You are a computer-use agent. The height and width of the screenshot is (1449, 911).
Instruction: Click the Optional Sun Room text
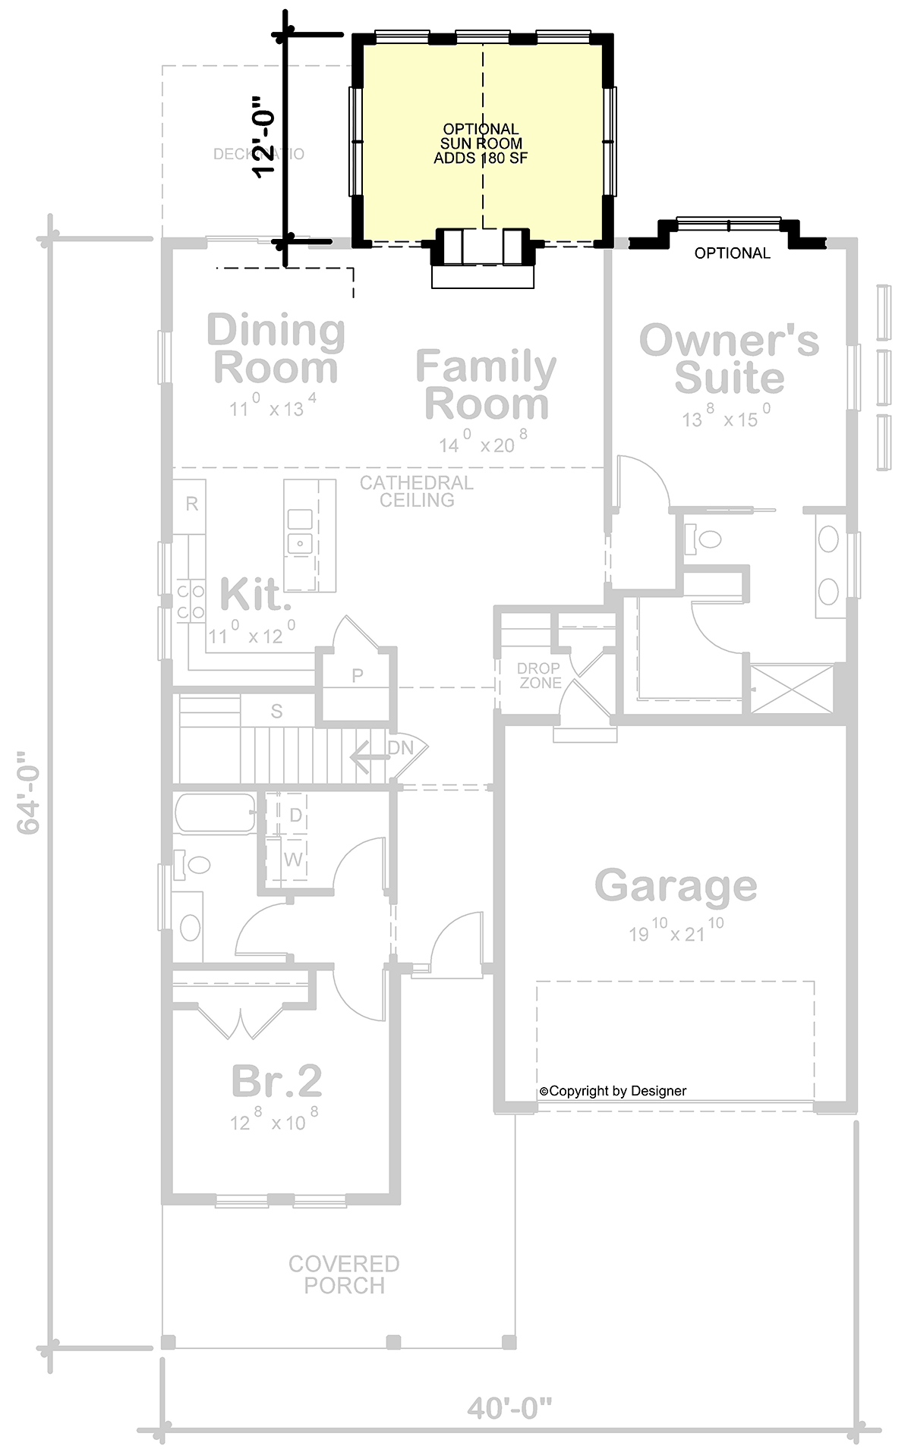[x=481, y=143]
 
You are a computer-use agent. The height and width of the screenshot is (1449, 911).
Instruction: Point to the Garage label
[x=675, y=885]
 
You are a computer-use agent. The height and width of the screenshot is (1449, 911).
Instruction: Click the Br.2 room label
[x=276, y=1081]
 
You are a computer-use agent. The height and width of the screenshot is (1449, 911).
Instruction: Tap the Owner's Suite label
[x=729, y=359]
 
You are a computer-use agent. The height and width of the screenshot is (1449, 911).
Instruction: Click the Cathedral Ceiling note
[x=417, y=491]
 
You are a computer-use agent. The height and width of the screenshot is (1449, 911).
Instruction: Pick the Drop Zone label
[x=539, y=675]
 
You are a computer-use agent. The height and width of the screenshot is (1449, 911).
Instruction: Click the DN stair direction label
[x=401, y=748]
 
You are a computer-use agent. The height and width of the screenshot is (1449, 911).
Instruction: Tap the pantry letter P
[x=357, y=675]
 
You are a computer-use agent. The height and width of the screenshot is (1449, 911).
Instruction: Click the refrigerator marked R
[x=192, y=504]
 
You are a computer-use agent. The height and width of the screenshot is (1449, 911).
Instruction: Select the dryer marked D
[x=295, y=816]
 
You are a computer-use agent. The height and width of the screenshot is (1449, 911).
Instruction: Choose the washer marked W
[x=294, y=860]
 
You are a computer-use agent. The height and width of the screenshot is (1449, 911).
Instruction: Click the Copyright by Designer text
[x=613, y=1091]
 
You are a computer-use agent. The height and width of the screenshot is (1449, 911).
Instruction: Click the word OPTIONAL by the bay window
[x=732, y=253]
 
